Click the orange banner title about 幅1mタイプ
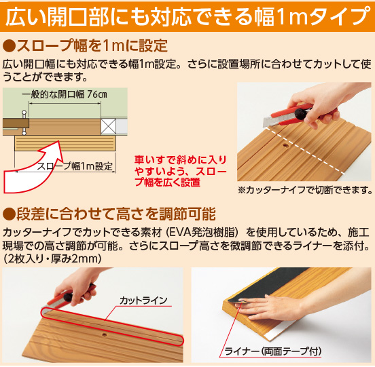point(188,16)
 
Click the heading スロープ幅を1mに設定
point(85,46)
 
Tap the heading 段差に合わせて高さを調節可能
point(109,214)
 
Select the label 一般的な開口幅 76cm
point(65,94)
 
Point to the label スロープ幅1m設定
point(75,166)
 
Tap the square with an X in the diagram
point(108,126)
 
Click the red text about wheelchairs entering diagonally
point(181,171)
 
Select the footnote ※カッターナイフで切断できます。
point(304,190)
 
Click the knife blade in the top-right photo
point(268,122)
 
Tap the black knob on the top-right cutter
point(300,114)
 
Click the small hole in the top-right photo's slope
point(285,144)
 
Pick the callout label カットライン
point(143,300)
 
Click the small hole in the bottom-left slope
point(104,334)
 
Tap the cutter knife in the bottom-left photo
point(67,297)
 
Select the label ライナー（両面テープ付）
point(273,351)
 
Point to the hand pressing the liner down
point(275,306)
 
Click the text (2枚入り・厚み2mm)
point(52,259)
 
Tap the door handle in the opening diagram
point(24,123)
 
